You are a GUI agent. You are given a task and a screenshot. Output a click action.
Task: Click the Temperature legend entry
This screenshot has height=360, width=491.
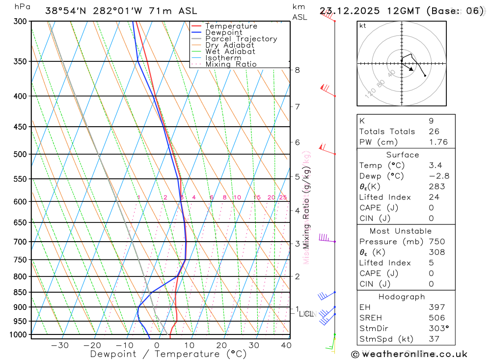231,26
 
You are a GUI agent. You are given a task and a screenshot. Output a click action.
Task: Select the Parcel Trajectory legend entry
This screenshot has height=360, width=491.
241,39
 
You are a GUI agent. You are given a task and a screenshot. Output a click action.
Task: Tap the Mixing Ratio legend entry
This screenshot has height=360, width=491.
231,64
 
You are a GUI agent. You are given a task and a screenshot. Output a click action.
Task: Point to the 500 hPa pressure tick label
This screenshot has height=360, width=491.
21,154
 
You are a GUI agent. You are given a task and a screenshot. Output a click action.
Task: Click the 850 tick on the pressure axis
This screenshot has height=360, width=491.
21,292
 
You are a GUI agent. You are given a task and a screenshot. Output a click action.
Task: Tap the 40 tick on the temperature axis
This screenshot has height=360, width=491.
286,345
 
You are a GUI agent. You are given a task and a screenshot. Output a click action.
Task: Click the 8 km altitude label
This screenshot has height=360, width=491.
297,70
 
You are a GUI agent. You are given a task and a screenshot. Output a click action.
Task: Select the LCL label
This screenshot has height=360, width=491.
306,314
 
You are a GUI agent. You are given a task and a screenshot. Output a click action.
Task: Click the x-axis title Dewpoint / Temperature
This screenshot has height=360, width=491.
168,354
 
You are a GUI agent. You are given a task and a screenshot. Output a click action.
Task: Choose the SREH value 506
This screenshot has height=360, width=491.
436,318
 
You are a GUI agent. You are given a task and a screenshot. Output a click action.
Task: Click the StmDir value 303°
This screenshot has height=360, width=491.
438,329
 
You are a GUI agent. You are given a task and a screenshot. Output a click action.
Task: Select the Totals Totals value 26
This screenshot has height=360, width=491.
434,132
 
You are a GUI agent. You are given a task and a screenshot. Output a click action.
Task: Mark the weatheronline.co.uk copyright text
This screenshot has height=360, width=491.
409,354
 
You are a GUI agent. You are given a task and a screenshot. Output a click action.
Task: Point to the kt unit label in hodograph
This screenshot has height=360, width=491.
363,26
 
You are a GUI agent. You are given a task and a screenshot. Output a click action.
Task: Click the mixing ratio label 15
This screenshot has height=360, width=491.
257,197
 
